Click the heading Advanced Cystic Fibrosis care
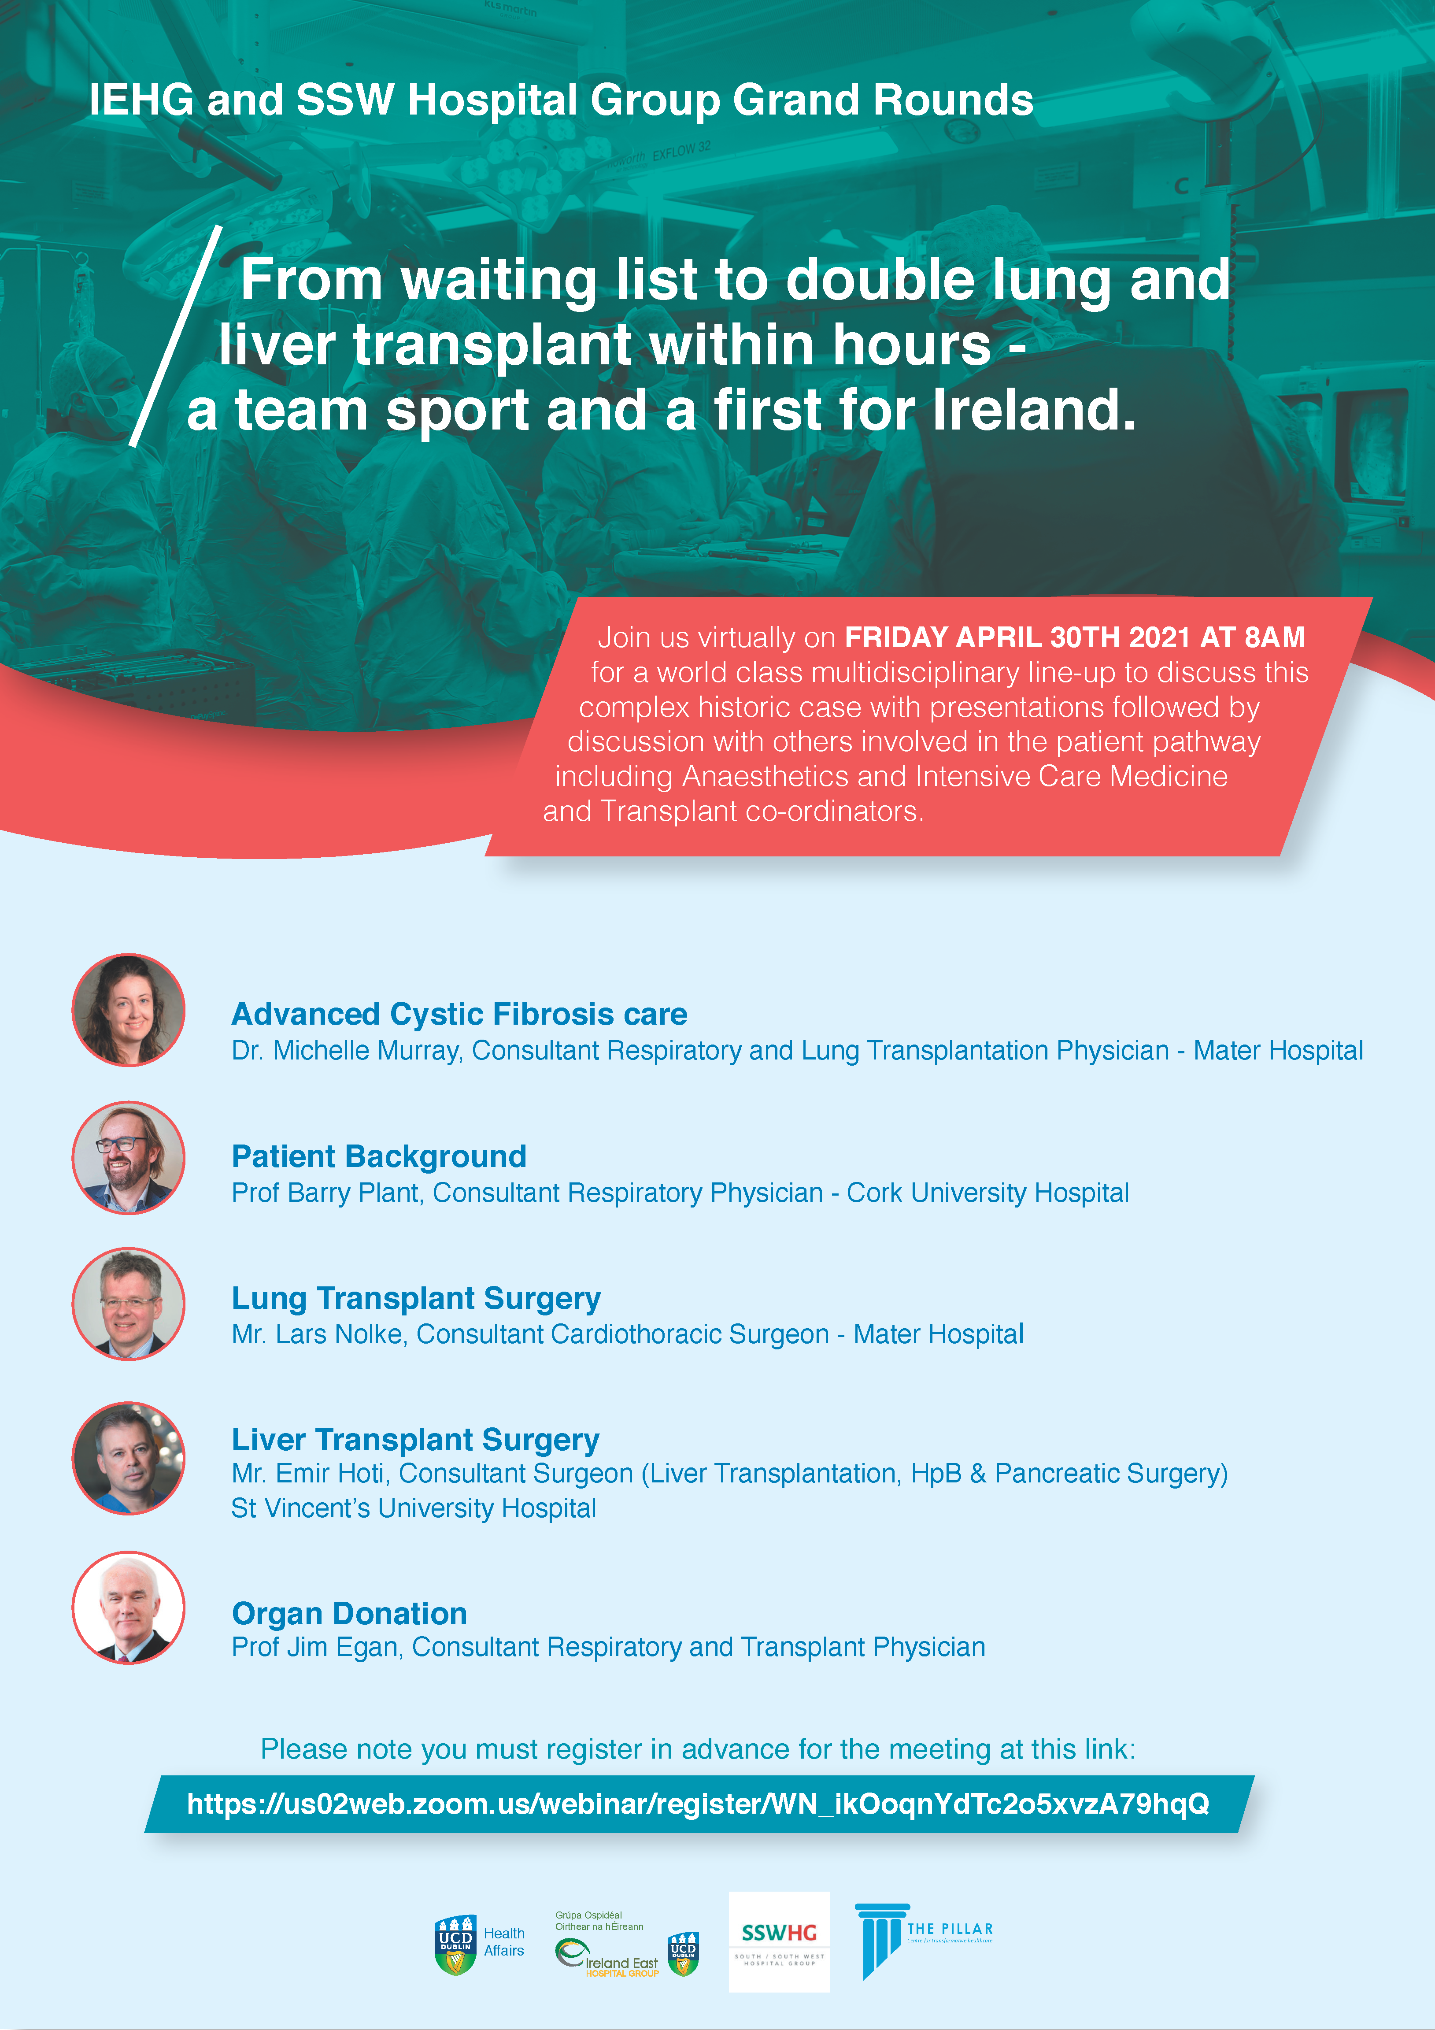459,1014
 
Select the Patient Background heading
378,1156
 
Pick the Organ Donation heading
349,1614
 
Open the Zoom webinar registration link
698,1804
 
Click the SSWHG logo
779,1941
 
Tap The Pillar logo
924,1940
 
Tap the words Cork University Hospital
987,1193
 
